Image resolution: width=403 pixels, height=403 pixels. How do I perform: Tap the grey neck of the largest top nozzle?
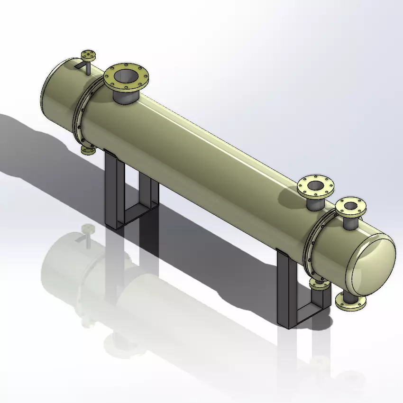pos(126,97)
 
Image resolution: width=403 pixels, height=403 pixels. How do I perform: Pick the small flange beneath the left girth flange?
pos(88,150)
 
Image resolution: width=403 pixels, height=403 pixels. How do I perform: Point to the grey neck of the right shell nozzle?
pos(314,203)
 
